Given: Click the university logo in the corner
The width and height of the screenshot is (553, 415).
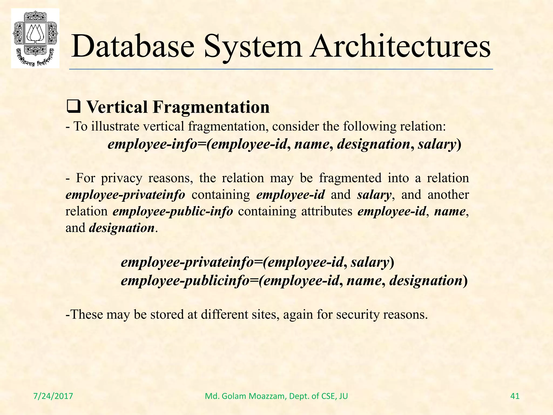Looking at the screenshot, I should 35,38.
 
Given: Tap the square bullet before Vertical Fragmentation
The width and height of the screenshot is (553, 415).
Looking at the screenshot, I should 73,107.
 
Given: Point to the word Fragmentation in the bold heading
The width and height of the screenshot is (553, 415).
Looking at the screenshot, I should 211,107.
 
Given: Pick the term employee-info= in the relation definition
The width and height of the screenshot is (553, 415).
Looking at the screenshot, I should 157,144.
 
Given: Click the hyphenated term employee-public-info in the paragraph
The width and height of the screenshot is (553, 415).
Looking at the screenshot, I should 173,211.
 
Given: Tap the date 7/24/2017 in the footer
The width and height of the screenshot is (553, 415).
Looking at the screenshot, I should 53,396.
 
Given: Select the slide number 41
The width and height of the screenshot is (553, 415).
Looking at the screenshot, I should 515,396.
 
